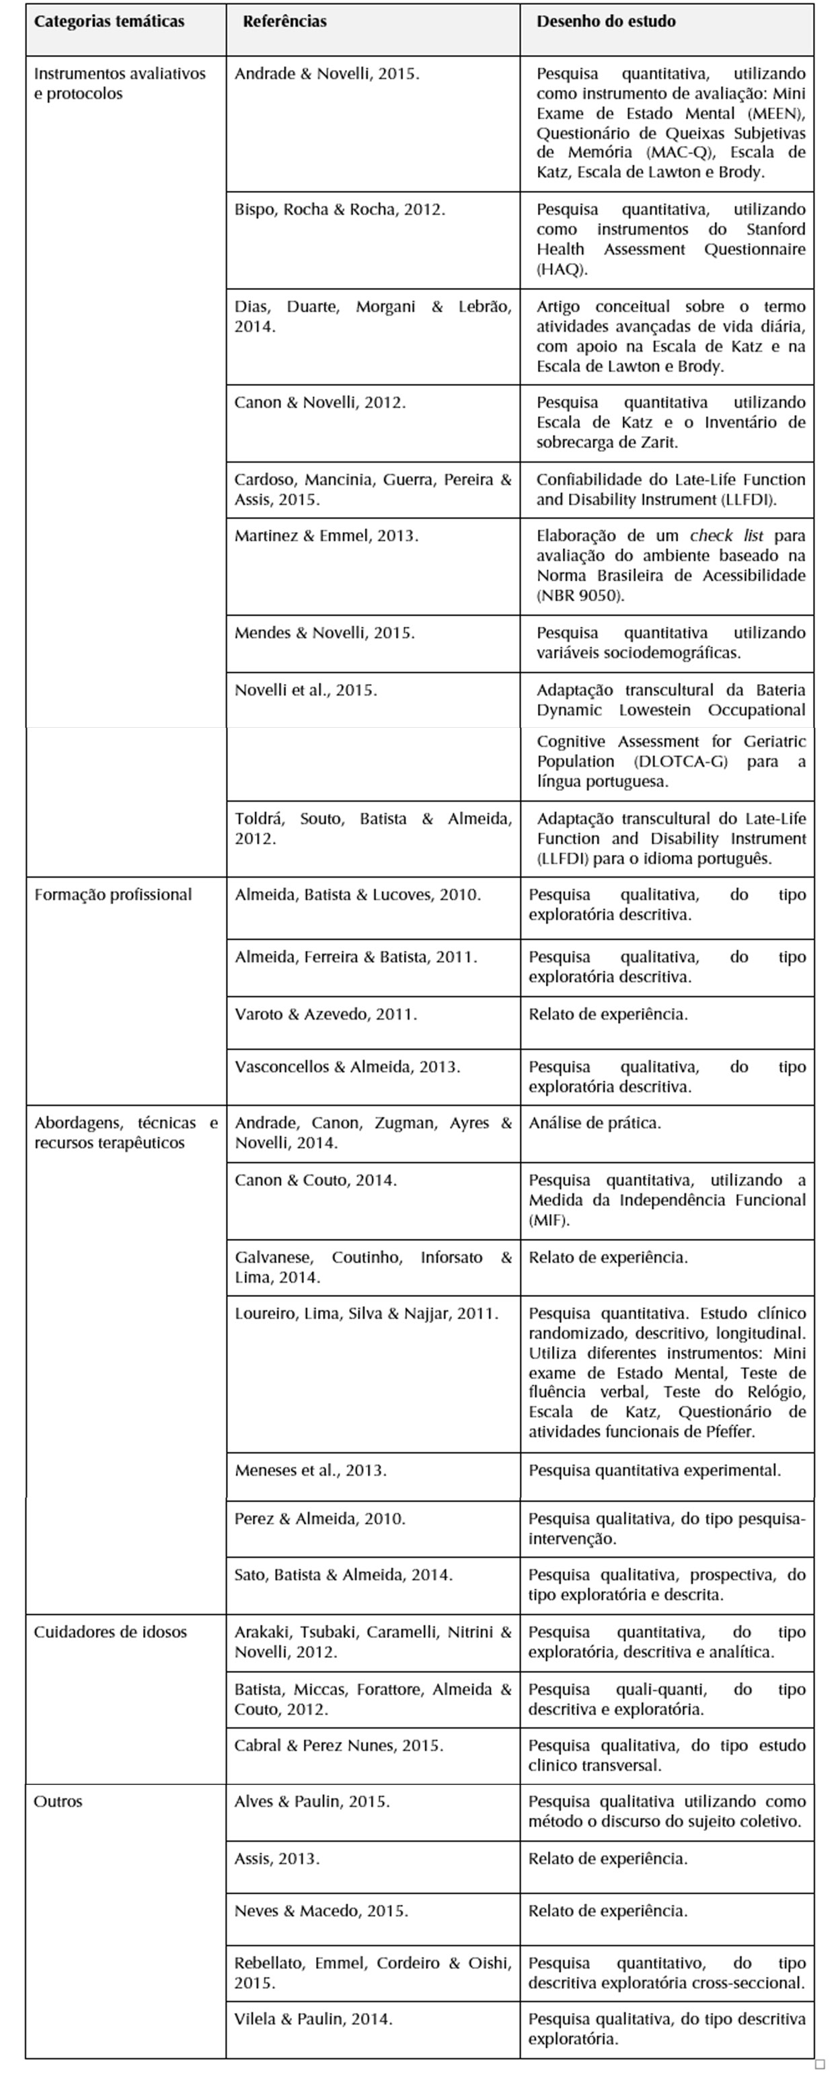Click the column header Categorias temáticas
click(x=109, y=22)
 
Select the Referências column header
click(x=285, y=22)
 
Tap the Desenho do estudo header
click(x=606, y=22)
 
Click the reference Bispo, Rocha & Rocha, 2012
click(x=340, y=209)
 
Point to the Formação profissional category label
click(x=112, y=895)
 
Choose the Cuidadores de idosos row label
click(x=110, y=1632)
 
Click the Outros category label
click(x=58, y=1801)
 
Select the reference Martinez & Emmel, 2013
click(x=326, y=535)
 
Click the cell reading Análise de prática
click(x=595, y=1123)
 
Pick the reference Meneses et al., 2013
click(x=311, y=1470)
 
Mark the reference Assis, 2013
click(x=277, y=1858)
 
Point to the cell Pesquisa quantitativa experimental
click(x=654, y=1470)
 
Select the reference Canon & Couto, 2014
click(x=315, y=1180)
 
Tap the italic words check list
click(x=726, y=535)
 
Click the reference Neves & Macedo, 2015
click(x=321, y=1910)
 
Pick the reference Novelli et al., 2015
click(x=306, y=689)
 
